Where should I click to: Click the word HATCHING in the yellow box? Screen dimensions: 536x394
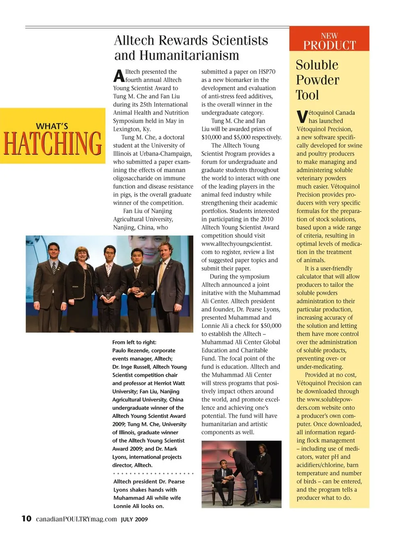pyautogui.click(x=53, y=144)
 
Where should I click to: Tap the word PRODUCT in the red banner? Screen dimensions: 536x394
pyautogui.click(x=330, y=45)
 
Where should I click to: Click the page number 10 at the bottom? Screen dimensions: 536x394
pyautogui.click(x=26, y=518)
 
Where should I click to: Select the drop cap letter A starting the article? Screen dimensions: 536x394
pyautogui.click(x=119, y=76)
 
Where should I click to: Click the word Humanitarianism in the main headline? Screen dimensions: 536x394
pyautogui.click(x=189, y=55)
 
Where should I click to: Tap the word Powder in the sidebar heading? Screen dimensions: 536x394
pyautogui.click(x=318, y=80)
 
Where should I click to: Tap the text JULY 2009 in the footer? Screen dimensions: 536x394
pyautogui.click(x=134, y=519)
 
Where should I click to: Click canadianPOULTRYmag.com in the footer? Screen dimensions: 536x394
pyautogui.click(x=76, y=519)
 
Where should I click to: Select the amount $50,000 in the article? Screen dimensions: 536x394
pyautogui.click(x=271, y=326)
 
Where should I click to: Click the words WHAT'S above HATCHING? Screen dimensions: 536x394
pyautogui.click(x=52, y=126)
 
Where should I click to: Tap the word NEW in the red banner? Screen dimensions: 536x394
pyautogui.click(x=329, y=36)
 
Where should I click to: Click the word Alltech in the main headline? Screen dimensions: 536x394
pyautogui.click(x=134, y=40)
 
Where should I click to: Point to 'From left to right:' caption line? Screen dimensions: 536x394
pyautogui.click(x=134, y=342)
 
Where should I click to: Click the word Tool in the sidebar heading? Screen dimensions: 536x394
pyautogui.click(x=307, y=95)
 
